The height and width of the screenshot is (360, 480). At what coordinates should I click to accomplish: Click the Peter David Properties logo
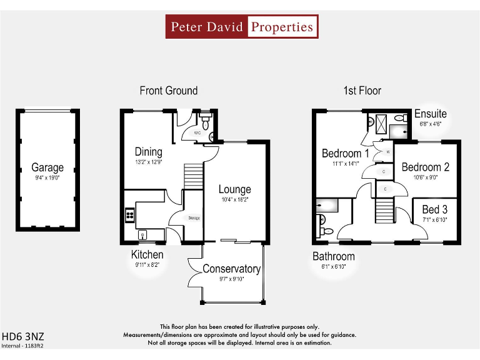(x=242, y=27)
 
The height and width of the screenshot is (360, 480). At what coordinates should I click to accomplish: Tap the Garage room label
(x=47, y=167)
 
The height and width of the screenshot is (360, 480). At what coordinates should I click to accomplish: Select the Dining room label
(x=148, y=152)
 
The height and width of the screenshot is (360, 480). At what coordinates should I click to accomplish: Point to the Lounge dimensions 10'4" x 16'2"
(x=234, y=200)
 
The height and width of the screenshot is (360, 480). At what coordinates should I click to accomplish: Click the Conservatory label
(x=231, y=269)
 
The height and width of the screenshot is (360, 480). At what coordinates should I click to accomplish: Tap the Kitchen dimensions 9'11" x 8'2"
(x=147, y=265)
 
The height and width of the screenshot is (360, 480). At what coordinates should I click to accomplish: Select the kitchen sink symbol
(x=143, y=235)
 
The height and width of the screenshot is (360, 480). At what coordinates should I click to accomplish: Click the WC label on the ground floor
(x=197, y=133)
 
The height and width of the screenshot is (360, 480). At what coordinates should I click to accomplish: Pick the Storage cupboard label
(x=193, y=217)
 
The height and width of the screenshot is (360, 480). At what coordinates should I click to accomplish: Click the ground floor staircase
(x=194, y=176)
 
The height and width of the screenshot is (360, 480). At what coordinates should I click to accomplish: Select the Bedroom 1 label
(x=345, y=153)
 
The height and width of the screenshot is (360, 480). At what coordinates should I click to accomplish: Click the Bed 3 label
(x=434, y=209)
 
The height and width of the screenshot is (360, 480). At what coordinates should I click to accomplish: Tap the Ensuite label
(x=431, y=114)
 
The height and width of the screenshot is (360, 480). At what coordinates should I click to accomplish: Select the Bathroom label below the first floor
(x=334, y=256)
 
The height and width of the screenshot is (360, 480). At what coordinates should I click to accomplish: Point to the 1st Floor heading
(x=362, y=91)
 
